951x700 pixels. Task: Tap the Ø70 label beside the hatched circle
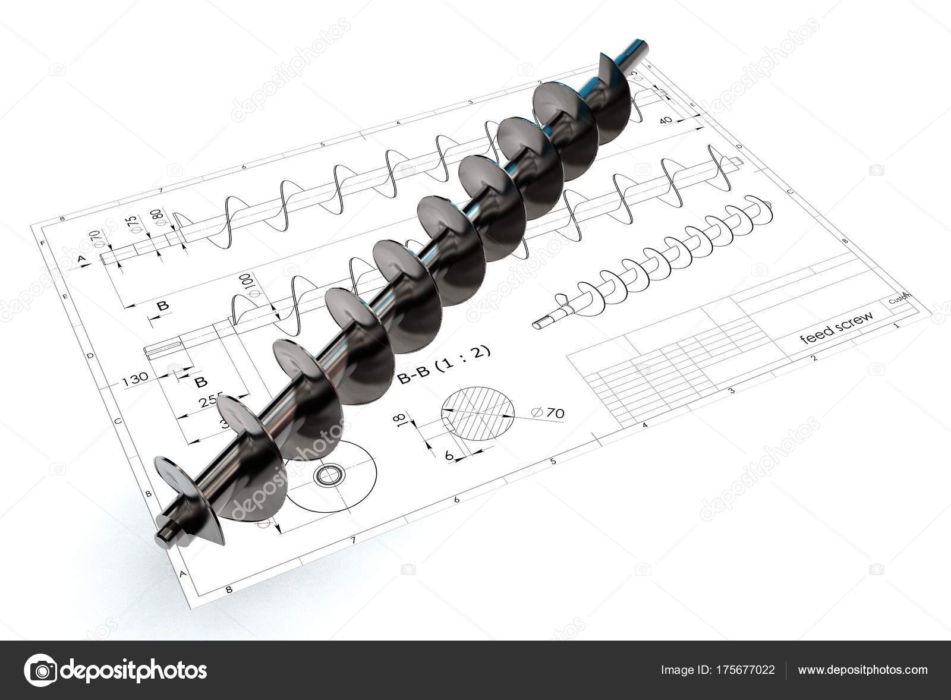coord(548,412)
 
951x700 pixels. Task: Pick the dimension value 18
coord(400,420)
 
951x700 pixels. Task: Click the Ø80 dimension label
coord(158,217)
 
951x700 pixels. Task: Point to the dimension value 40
coord(666,120)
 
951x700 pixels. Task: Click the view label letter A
coord(81,258)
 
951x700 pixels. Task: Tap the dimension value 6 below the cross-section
coord(450,455)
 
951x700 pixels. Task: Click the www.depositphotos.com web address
coord(862,670)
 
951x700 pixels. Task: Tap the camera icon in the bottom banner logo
coord(40,670)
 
